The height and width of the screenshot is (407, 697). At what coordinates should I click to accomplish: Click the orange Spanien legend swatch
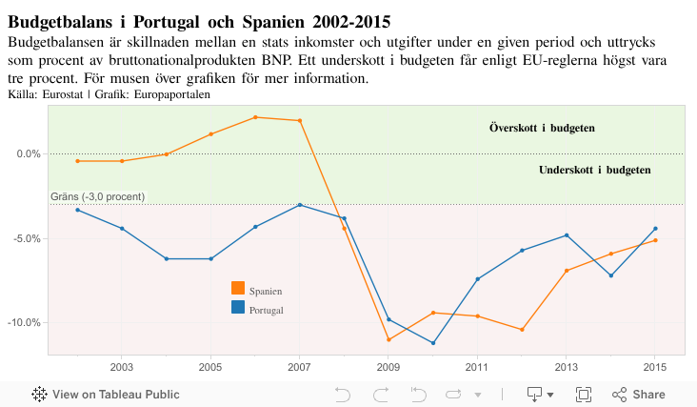tap(238, 289)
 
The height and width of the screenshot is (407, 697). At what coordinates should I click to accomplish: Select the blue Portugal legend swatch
tap(238, 308)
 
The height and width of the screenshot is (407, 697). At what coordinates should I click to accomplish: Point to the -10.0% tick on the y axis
tap(25, 322)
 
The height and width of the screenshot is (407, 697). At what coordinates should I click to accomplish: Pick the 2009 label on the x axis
tap(388, 367)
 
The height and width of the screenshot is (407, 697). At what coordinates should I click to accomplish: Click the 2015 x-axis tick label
tap(655, 367)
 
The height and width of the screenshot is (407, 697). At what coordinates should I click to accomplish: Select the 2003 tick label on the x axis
tap(122, 367)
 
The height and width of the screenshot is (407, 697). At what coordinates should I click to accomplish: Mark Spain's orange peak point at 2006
tap(255, 117)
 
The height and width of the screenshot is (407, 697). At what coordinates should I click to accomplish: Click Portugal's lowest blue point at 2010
tap(433, 343)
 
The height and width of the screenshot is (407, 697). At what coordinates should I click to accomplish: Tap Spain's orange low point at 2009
tap(388, 339)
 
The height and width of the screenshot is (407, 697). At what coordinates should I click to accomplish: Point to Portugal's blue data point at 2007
tap(300, 205)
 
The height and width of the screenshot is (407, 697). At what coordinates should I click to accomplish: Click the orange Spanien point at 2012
tap(522, 330)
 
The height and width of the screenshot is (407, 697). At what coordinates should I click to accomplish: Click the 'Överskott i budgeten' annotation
tap(543, 128)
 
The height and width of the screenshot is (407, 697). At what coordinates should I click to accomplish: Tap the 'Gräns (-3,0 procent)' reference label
tap(97, 196)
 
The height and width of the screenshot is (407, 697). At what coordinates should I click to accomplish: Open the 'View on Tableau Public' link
tap(107, 395)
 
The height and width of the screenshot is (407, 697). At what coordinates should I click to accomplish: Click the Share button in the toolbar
tap(639, 395)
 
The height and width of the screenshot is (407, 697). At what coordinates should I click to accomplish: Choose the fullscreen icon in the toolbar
tap(584, 395)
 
